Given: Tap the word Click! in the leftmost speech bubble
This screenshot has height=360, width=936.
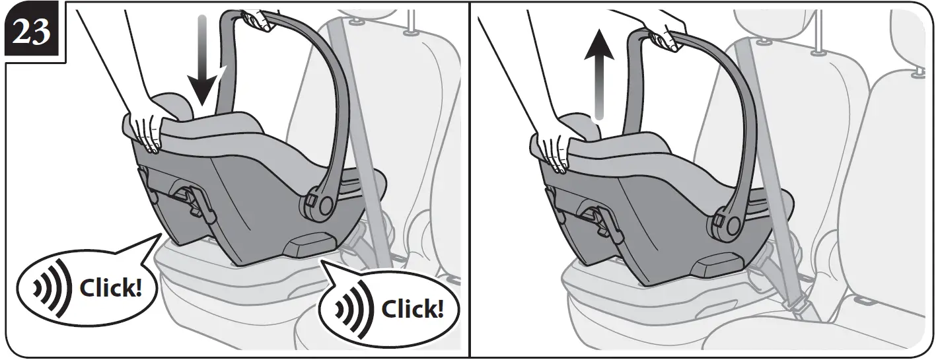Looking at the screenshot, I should click(110, 289).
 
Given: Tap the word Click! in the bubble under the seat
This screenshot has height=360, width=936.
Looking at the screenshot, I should click(412, 309).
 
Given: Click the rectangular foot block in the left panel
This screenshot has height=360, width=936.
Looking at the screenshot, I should click(310, 246).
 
